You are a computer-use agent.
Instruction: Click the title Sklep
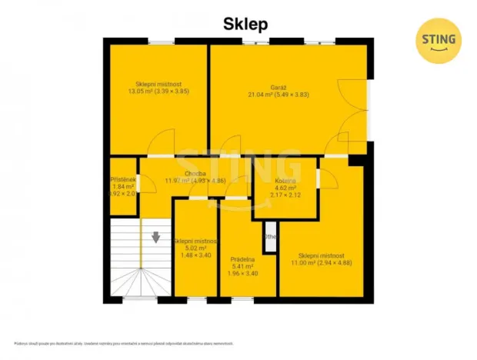[245, 24]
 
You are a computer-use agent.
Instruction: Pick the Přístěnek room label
[123, 179]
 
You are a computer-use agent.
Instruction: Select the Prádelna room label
[242, 260]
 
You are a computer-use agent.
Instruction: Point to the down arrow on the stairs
[156, 238]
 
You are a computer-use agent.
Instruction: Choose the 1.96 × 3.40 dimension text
[243, 274]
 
